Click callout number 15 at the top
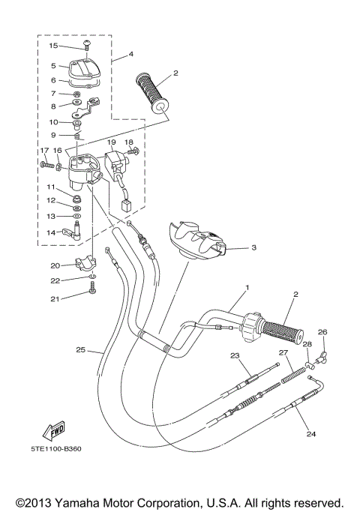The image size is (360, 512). click(x=53, y=46)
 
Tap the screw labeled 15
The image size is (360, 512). click(x=86, y=45)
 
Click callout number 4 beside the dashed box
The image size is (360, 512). click(x=130, y=54)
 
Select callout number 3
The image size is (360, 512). click(x=254, y=247)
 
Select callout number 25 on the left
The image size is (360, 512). click(x=80, y=349)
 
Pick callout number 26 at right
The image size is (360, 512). click(x=323, y=331)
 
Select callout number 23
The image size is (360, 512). click(x=234, y=355)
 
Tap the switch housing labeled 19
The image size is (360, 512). click(x=113, y=161)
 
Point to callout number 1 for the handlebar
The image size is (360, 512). click(x=246, y=288)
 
